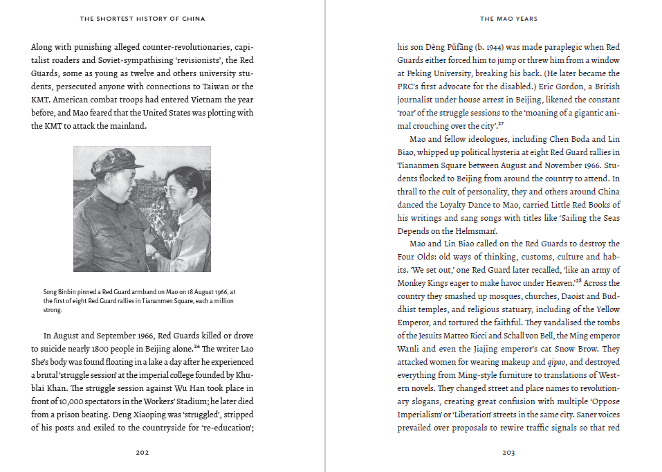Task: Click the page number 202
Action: [x=142, y=453]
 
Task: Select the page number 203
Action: [x=508, y=453]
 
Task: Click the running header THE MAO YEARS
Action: [x=508, y=19]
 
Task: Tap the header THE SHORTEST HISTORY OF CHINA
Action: [x=142, y=19]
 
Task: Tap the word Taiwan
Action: [x=227, y=87]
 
